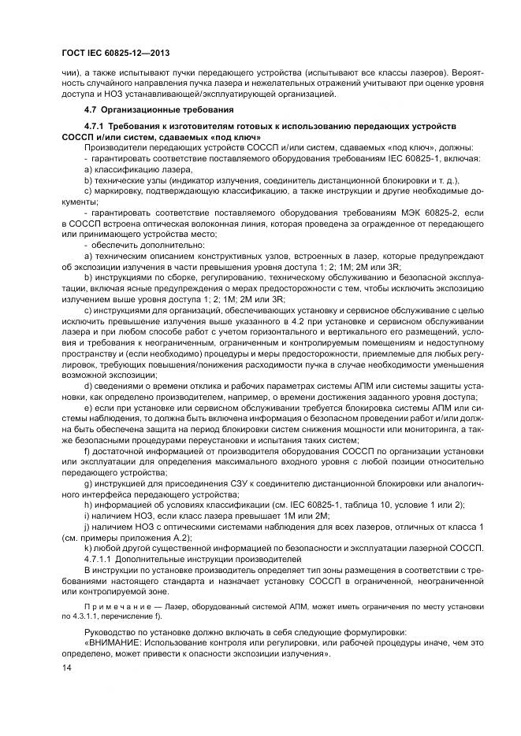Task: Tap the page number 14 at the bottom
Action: click(65, 668)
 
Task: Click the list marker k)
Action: click(87, 547)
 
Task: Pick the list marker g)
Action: click(87, 482)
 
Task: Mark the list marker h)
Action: click(87, 504)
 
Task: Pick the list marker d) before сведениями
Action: click(87, 385)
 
